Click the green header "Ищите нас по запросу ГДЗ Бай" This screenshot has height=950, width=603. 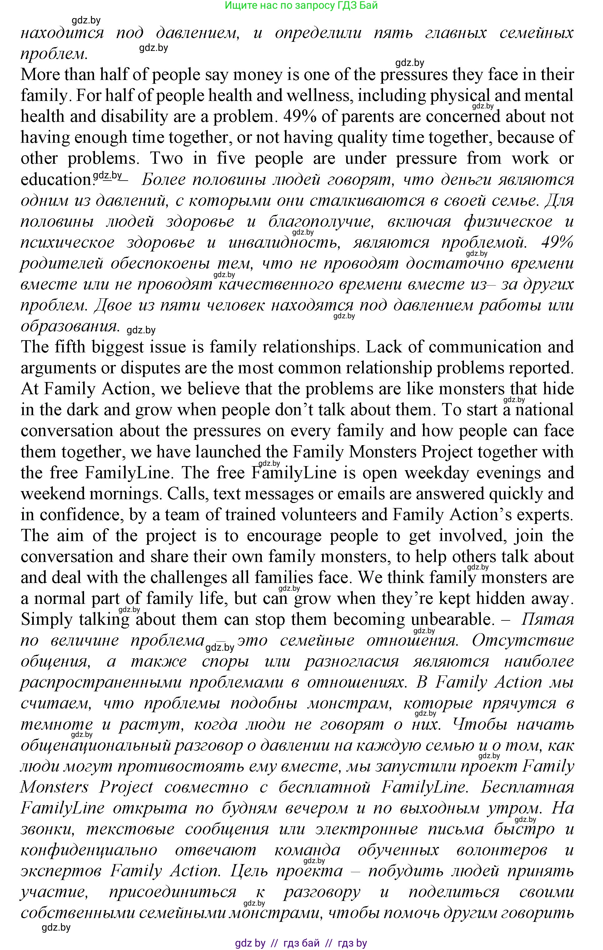(x=301, y=6)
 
